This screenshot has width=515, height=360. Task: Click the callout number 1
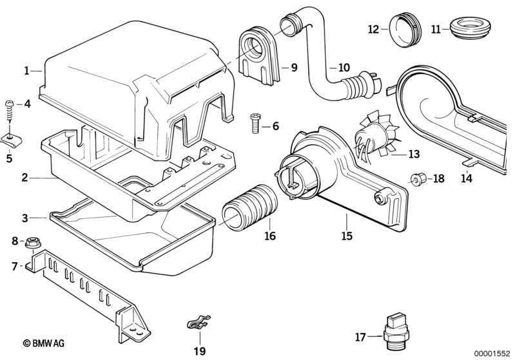(26, 71)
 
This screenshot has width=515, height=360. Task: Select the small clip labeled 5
(10, 137)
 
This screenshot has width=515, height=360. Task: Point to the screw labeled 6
(254, 122)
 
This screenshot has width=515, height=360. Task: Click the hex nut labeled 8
(32, 244)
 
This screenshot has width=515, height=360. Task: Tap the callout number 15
(347, 236)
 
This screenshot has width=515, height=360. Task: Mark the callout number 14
(467, 179)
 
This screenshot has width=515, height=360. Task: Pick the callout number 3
(25, 218)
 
